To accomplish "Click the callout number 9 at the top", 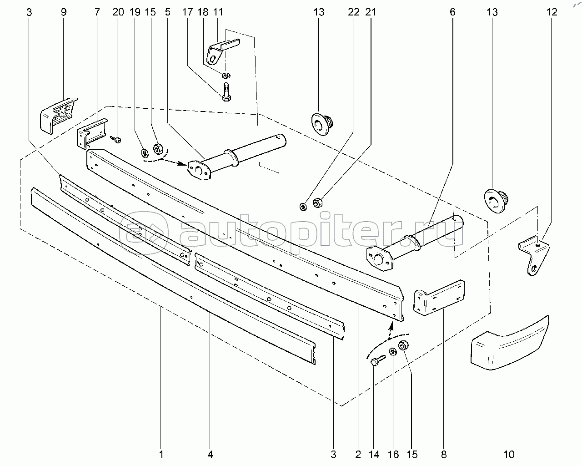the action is (x=64, y=12).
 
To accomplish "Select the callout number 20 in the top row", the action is (x=118, y=12).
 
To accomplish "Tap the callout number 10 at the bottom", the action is (x=509, y=454).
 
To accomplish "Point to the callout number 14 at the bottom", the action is (x=374, y=454).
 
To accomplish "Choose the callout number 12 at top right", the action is (x=552, y=12).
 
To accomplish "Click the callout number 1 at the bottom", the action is (x=161, y=454).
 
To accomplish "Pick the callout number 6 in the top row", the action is (x=452, y=12).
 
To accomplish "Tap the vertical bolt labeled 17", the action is (x=226, y=92).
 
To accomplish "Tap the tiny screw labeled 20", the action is (x=116, y=139).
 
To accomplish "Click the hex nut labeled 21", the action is (x=317, y=203).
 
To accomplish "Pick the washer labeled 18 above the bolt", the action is (x=226, y=75).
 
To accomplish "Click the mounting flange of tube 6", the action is (x=379, y=258).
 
